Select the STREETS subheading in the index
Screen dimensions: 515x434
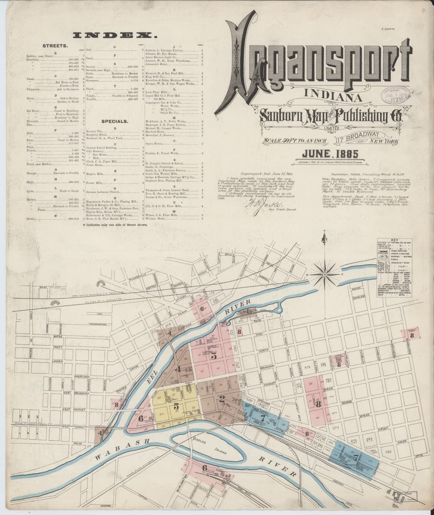pos(54,45)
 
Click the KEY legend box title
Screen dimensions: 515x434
pos(395,241)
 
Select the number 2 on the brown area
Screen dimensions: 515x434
pos(222,399)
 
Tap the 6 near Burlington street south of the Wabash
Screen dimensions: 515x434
pos(204,468)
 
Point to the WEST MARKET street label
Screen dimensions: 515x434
pos(71,410)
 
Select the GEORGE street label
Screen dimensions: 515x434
pos(346,403)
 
